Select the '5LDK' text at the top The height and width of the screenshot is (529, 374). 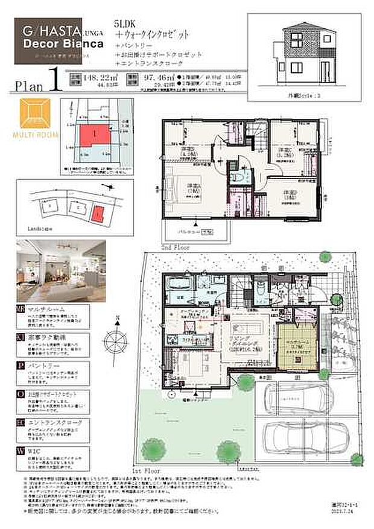pos(122,23)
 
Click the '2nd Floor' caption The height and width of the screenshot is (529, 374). pos(175,247)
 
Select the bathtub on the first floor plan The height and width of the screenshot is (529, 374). pos(177,284)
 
